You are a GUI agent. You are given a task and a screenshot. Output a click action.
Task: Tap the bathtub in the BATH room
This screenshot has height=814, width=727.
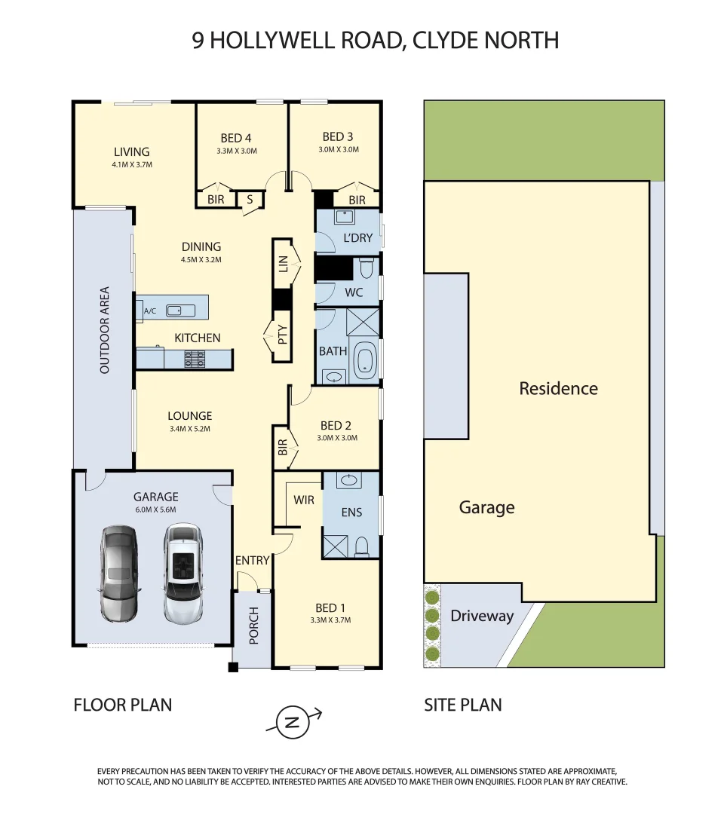[366, 360]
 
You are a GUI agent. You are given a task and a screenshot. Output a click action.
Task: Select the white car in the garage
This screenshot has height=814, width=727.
[183, 573]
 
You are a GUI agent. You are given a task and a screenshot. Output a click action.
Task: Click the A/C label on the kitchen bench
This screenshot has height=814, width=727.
[149, 311]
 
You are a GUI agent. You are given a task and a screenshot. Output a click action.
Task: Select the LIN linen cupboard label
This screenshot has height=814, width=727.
[283, 264]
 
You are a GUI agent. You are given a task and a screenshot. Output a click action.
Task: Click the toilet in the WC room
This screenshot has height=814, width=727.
[367, 268]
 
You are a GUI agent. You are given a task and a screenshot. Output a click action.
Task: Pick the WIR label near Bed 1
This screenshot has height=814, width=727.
[304, 500]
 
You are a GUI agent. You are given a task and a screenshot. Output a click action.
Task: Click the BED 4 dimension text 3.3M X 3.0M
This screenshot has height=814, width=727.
[236, 151]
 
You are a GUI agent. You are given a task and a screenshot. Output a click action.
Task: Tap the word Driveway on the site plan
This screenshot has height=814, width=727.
[482, 616]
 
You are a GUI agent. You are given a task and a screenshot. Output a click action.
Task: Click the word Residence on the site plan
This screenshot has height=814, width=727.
[558, 389]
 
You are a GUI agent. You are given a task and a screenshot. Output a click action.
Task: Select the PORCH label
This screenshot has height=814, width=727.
[254, 626]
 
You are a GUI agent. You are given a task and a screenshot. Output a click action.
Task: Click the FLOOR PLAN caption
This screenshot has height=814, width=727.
[123, 705]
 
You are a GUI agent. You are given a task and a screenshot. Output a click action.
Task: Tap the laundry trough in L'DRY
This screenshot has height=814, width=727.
[345, 217]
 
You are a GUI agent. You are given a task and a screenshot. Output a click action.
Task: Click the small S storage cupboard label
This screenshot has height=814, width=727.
[250, 200]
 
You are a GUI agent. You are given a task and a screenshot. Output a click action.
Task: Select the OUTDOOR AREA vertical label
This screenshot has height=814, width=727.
[105, 329]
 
